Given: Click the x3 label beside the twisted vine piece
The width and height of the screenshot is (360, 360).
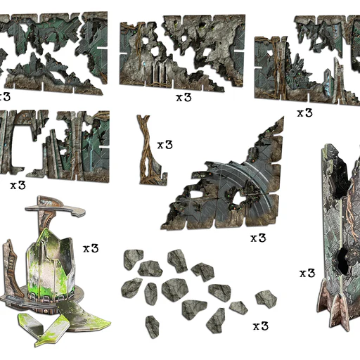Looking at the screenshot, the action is (165, 145).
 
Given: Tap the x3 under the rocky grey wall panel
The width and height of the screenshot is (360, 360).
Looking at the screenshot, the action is (184, 97).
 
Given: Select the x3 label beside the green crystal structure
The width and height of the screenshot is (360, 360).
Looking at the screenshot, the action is (91, 248).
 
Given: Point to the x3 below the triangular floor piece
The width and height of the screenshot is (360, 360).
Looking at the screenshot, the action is (258, 238).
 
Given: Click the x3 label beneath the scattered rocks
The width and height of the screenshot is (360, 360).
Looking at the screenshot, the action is (261, 326).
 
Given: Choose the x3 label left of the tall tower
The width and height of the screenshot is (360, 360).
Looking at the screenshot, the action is (307, 274).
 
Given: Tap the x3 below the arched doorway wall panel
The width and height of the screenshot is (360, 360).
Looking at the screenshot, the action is (18, 186).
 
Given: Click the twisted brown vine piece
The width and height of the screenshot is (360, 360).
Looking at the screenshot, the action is (150, 150).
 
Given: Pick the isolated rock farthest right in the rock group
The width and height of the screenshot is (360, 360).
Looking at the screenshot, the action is (266, 299).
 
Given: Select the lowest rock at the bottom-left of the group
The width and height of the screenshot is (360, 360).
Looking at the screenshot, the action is (153, 327).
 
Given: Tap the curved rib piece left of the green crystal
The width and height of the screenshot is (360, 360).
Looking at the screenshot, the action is (11, 269).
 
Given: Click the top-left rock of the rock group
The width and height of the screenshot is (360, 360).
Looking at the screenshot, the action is (133, 259).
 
